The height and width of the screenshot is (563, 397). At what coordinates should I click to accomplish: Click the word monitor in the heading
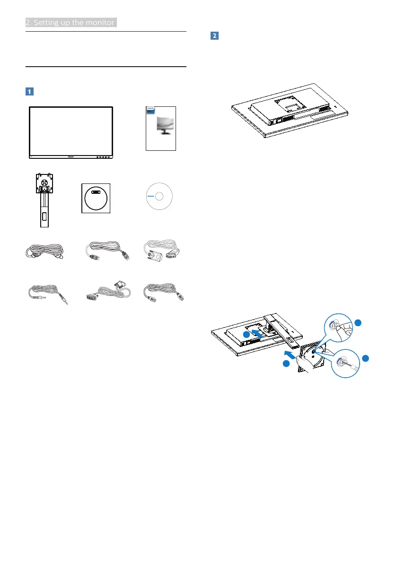pyautogui.click(x=100, y=22)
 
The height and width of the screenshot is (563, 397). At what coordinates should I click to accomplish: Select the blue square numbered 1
pyautogui.click(x=30, y=91)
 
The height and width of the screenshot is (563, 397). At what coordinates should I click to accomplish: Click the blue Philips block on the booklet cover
pyautogui.click(x=150, y=109)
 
